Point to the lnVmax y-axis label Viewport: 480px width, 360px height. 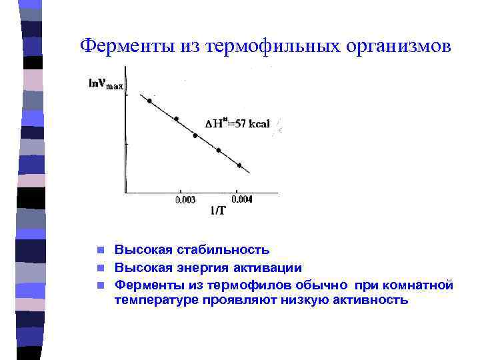[106, 85]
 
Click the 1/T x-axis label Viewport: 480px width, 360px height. [217, 212]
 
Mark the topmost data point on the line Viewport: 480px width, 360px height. [149, 101]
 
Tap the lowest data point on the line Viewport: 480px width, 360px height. [239, 165]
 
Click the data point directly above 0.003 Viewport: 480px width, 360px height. [177, 119]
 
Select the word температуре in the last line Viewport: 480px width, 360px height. [151, 299]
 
